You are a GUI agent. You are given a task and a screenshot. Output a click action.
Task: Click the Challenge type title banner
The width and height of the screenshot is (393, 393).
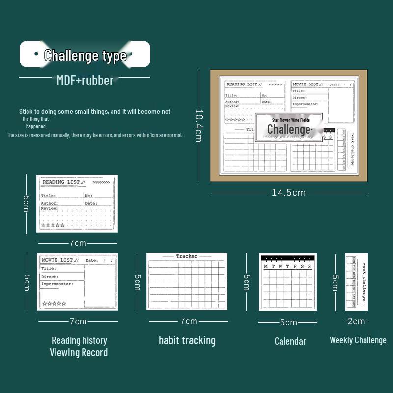coord(85,55)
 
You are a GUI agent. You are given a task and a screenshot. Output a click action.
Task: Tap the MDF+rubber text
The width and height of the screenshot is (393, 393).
coord(85,80)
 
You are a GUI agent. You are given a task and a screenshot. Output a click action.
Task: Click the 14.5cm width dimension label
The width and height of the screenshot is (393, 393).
coord(289,193)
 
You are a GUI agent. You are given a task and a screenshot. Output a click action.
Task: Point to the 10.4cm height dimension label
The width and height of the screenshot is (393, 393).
coord(198,125)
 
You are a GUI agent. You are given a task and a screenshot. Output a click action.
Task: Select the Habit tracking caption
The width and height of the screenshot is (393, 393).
coord(187,340)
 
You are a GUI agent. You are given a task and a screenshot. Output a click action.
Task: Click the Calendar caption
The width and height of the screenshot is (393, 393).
coord(290,341)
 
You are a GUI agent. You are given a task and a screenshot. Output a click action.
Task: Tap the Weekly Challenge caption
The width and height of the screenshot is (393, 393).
coord(358,340)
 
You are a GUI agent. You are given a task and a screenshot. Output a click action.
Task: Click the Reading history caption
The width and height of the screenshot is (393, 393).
coord(79,340)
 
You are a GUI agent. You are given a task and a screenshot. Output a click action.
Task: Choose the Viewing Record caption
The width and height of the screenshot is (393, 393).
coord(79,352)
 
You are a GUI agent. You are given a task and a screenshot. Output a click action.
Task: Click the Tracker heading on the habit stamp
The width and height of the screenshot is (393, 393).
coord(187,256)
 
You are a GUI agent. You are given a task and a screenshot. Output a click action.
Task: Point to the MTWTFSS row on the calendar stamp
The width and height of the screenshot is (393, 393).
coord(288,267)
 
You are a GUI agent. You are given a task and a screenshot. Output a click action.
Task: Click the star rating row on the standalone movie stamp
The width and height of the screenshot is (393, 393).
coord(54,304)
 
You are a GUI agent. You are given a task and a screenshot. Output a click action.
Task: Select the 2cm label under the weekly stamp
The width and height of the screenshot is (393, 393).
coord(357,321)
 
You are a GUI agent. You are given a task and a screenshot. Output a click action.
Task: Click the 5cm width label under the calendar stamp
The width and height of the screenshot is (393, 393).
coord(288,323)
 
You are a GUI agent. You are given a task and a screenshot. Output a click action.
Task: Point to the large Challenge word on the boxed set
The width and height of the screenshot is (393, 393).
coord(289,129)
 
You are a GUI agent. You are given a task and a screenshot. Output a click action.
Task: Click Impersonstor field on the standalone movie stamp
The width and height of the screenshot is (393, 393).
coord(57,284)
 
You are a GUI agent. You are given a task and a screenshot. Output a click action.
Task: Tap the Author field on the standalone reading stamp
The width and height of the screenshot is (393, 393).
coord(50,203)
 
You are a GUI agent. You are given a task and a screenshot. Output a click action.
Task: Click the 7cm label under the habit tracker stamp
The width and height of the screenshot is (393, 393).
coord(189,321)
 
